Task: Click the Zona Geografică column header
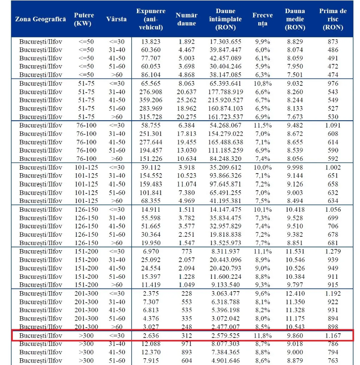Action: (x=41, y=19)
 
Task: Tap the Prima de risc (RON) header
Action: (x=333, y=19)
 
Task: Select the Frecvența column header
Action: (x=262, y=19)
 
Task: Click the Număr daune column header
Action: (x=186, y=19)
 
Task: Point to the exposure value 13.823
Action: (x=151, y=42)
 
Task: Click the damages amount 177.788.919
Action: (x=225, y=92)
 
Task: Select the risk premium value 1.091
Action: (x=333, y=126)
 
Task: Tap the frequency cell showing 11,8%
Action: (x=262, y=336)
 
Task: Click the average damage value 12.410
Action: (x=295, y=294)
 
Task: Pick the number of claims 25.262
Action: (x=186, y=100)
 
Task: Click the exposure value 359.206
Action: (x=151, y=100)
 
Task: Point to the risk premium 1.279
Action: (x=333, y=251)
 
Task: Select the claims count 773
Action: (x=186, y=251)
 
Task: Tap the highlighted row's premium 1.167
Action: (x=333, y=336)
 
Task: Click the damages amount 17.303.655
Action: (x=225, y=42)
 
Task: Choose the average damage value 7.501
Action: (x=295, y=75)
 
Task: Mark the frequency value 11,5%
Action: (x=262, y=126)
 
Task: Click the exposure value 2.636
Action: (x=151, y=336)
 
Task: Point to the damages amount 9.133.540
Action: (x=225, y=285)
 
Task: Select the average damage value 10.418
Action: (x=295, y=209)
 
